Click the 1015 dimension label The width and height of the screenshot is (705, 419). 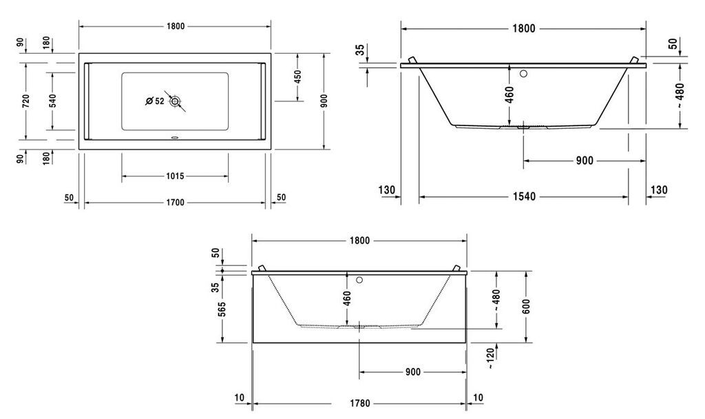pyautogui.click(x=175, y=176)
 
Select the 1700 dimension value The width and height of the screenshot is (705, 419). pyautogui.click(x=175, y=203)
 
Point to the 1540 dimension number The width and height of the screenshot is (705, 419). pyautogui.click(x=524, y=196)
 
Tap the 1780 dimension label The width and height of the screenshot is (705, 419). pyautogui.click(x=359, y=403)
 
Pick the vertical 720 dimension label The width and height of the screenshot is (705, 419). pyautogui.click(x=26, y=101)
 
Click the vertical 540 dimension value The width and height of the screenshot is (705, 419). pyautogui.click(x=52, y=101)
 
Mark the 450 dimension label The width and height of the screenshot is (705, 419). pyautogui.click(x=297, y=76)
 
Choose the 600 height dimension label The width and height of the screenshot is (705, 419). pyautogui.click(x=526, y=306)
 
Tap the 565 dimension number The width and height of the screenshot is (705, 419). pyautogui.click(x=222, y=309)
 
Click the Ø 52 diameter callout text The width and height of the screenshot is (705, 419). pyautogui.click(x=155, y=102)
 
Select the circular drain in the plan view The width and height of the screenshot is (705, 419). pyautogui.click(x=175, y=101)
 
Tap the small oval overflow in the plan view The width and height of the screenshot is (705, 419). pyautogui.click(x=175, y=138)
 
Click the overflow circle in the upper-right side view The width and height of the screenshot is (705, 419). pyautogui.click(x=524, y=74)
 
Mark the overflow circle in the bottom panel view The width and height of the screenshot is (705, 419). pyautogui.click(x=359, y=280)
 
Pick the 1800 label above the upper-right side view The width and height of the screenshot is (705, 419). pyautogui.click(x=524, y=29)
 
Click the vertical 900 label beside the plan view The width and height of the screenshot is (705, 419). pyautogui.click(x=324, y=101)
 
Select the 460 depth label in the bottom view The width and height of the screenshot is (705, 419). pyautogui.click(x=347, y=298)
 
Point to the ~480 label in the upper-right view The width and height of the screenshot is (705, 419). pyautogui.click(x=680, y=95)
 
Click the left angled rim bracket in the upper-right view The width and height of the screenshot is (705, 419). pyautogui.click(x=413, y=60)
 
